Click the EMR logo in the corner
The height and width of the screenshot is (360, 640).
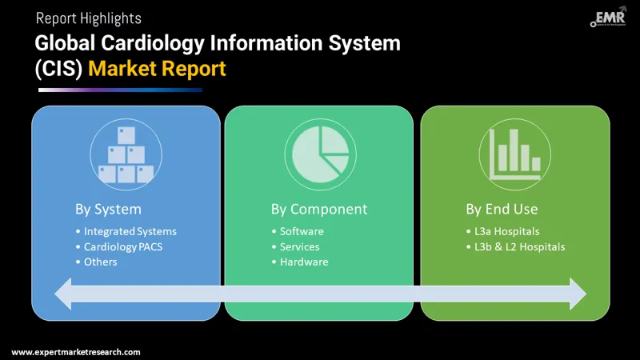(x=608, y=20)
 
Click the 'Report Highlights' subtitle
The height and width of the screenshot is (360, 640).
(x=88, y=18)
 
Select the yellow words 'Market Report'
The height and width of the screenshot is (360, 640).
(x=157, y=69)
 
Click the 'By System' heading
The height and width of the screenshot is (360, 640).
(x=108, y=210)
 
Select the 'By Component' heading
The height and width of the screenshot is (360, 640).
(x=319, y=210)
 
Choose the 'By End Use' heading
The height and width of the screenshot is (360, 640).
(x=502, y=210)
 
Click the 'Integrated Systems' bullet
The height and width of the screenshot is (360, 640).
(x=130, y=232)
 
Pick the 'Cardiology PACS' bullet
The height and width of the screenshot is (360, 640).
(x=123, y=247)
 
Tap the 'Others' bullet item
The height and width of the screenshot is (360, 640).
(x=101, y=262)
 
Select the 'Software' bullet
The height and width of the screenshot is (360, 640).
(x=302, y=232)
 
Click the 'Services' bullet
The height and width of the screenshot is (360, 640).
(x=299, y=247)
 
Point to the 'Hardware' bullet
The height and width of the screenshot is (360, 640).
(x=304, y=262)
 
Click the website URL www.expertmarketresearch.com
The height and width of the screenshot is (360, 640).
(x=76, y=352)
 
